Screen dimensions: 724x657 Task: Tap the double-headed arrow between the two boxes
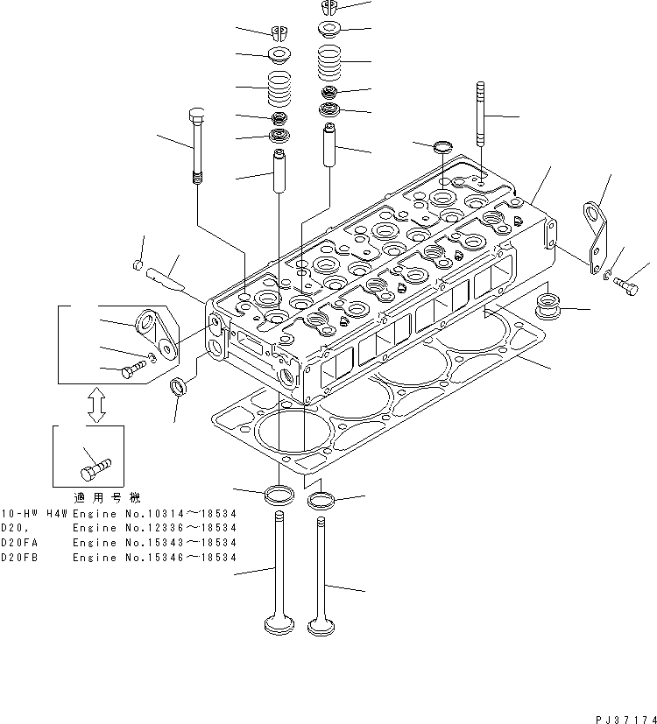coord(96,405)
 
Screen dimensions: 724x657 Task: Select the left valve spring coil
coord(280,88)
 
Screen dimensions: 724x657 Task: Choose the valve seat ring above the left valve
coord(278,494)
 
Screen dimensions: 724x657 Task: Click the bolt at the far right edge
coord(625,285)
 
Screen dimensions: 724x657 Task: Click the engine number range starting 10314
coord(154,513)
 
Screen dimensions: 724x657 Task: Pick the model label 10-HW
coord(17,513)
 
